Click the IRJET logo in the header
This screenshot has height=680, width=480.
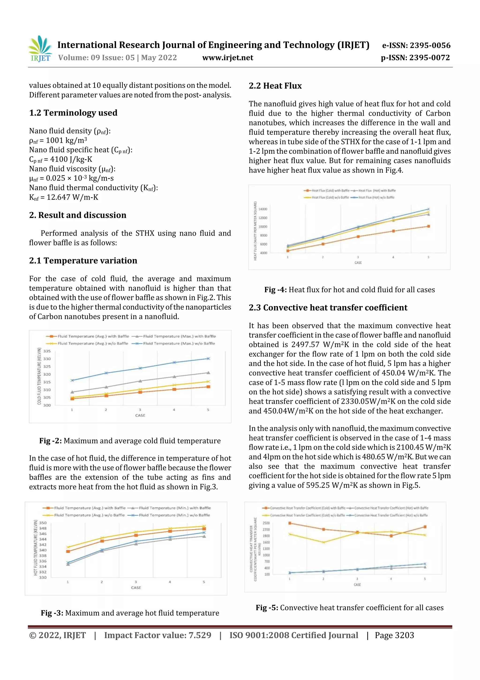[x=41, y=49]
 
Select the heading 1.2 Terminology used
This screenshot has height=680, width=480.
[x=73, y=113]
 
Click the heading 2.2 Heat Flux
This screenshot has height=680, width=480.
[x=275, y=86]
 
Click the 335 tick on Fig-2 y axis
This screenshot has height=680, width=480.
[x=47, y=351]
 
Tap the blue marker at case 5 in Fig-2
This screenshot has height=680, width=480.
[x=208, y=358]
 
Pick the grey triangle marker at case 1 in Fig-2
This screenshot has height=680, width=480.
[x=72, y=392]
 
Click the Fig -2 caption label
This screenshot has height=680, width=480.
[x=50, y=441]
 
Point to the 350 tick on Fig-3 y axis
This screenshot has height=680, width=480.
[x=43, y=523]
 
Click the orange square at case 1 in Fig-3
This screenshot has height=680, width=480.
[x=68, y=551]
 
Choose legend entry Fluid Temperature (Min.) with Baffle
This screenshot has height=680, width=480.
[x=174, y=508]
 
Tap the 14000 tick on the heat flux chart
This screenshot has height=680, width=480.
[x=263, y=209]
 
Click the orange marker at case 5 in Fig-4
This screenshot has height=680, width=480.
[x=428, y=226]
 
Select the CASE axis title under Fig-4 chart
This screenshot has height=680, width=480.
[x=358, y=262]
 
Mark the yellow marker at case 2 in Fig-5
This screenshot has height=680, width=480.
[x=323, y=542]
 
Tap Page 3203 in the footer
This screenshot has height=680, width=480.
[x=394, y=635]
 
